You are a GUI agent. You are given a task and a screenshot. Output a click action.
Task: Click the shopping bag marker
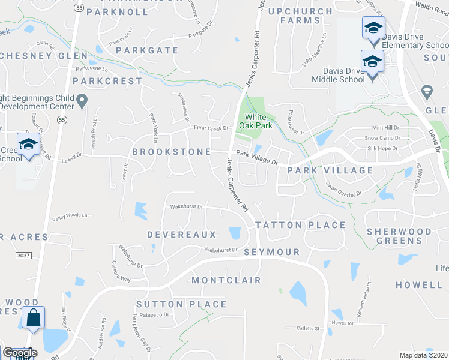pyautogui.click(x=33, y=318)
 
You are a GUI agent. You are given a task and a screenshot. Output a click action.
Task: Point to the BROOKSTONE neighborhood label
pyautogui.click(x=171, y=152)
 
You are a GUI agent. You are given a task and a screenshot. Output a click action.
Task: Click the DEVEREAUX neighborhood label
pyautogui.click(x=182, y=234)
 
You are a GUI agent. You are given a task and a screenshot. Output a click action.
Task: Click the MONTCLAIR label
pyautogui.click(x=226, y=280)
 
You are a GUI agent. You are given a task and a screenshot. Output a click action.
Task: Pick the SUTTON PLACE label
pyautogui.click(x=181, y=304)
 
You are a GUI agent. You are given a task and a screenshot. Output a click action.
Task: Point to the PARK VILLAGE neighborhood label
pyautogui.click(x=330, y=171)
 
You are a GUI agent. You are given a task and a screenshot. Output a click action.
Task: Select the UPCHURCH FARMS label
pyautogui.click(x=292, y=16)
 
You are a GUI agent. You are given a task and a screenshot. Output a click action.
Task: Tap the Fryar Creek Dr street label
pyautogui.click(x=211, y=128)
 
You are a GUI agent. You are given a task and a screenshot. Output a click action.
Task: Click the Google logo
pyautogui.click(x=19, y=353)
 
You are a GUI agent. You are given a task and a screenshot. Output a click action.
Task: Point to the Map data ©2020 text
pyautogui.click(x=423, y=355)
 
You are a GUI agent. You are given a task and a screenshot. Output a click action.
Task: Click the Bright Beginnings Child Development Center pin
pyautogui.click(x=83, y=101)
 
